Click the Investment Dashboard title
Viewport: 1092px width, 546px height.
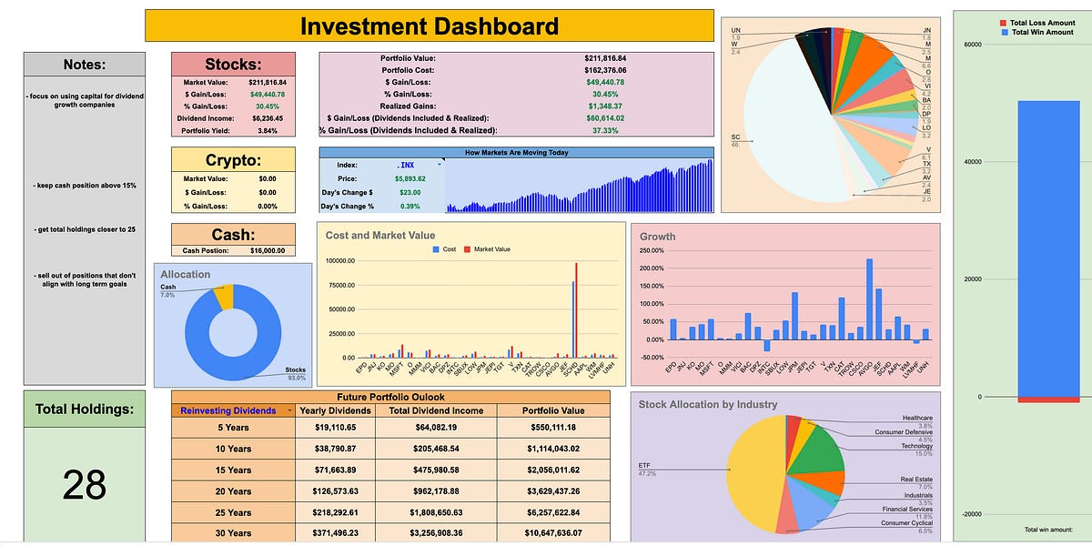[x=430, y=25]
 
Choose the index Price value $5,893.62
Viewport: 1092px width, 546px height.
[x=410, y=179]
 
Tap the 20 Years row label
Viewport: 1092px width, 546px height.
[x=233, y=490]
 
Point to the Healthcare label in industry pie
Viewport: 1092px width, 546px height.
[x=917, y=418]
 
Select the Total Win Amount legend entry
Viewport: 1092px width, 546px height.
[x=1036, y=32]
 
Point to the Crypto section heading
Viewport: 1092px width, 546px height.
[x=233, y=159]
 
